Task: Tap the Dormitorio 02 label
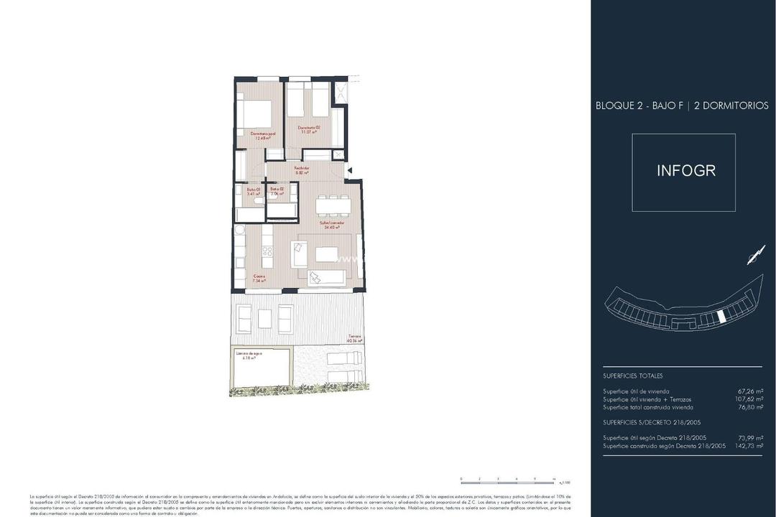coord(309,129)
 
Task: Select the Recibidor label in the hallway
coord(302,170)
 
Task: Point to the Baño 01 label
coord(252,192)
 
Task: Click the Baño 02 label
coord(277,192)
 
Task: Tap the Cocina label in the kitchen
coord(259,279)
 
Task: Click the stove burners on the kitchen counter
coord(267,251)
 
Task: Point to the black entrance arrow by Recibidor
coord(348,171)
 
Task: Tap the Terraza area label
coord(355,338)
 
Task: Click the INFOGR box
coord(683,172)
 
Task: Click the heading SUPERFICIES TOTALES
coord(633,376)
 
